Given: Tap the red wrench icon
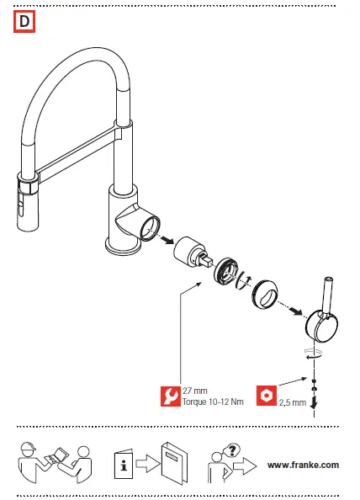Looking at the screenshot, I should coord(171,395).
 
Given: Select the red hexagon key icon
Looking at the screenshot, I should coord(266,395).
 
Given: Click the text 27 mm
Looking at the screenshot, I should coord(195,390).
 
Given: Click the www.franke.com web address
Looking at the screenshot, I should coord(303,465).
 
